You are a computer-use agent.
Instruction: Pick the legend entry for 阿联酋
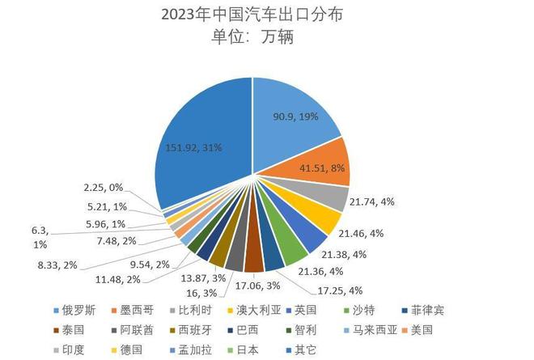click(134, 330)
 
